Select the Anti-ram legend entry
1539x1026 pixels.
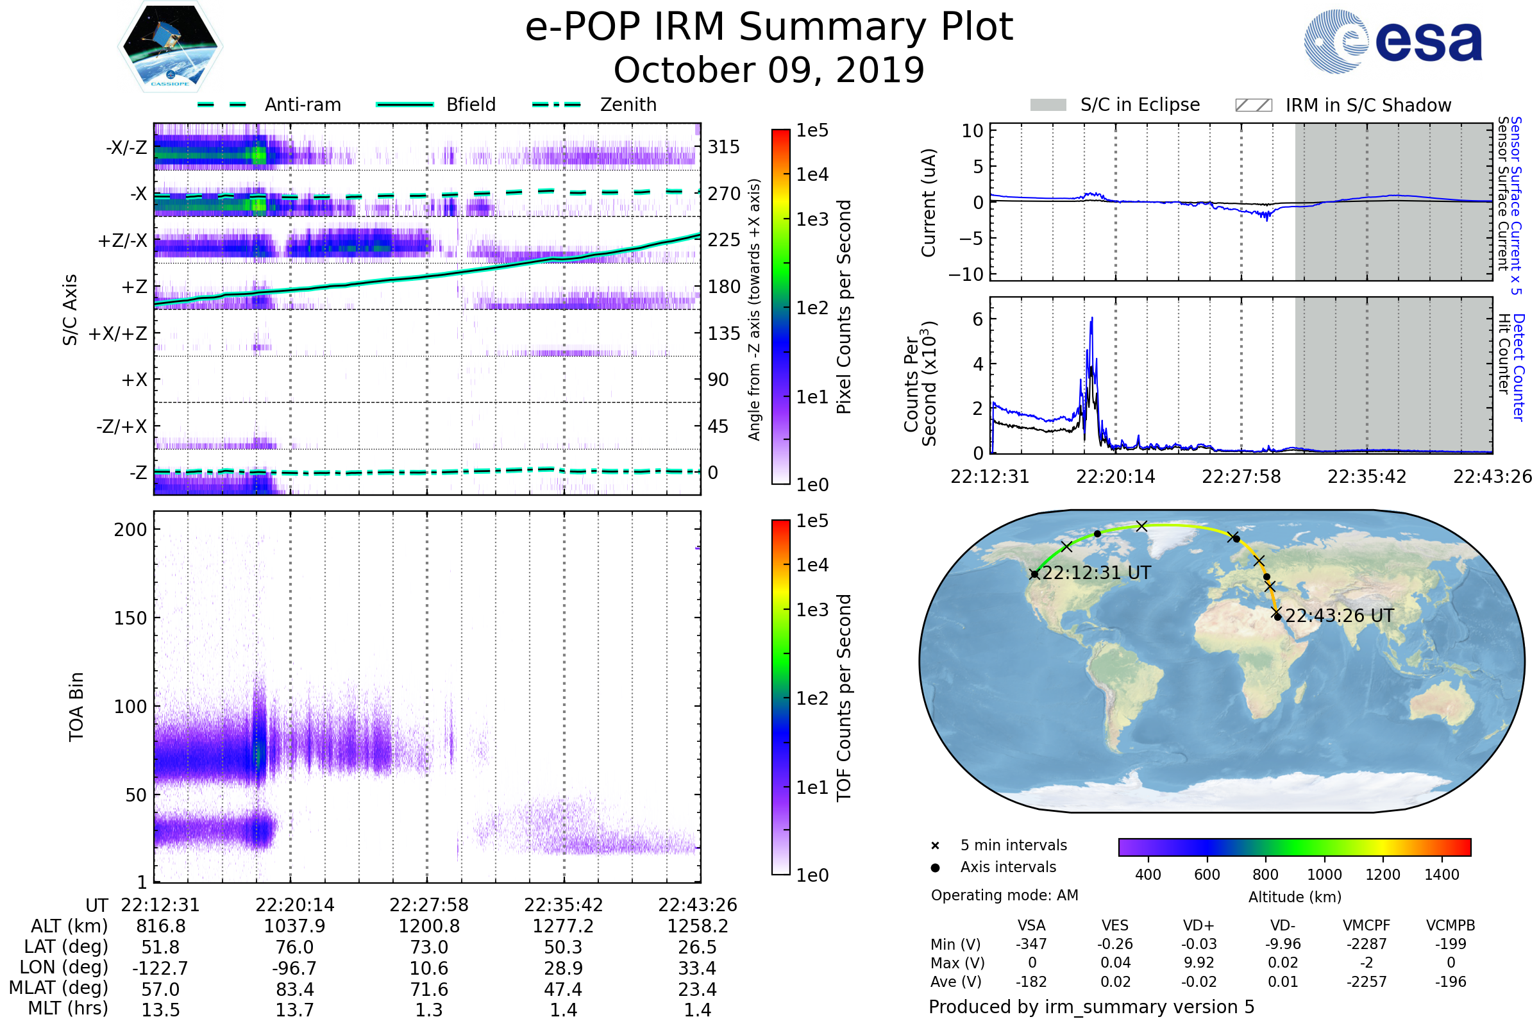(x=302, y=105)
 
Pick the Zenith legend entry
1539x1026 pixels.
(x=628, y=105)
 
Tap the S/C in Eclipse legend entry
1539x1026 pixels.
(x=1140, y=105)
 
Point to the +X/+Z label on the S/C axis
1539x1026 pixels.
(x=118, y=333)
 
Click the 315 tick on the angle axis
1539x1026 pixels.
(x=723, y=147)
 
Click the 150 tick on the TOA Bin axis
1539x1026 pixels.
(x=130, y=618)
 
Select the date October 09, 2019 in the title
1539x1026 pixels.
(x=769, y=70)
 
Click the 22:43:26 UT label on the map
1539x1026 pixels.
(x=1339, y=616)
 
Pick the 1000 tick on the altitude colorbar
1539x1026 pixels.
(x=1324, y=875)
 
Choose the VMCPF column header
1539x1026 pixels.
(x=1367, y=926)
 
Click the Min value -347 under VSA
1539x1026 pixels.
(x=1031, y=944)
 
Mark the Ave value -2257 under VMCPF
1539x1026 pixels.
(x=1367, y=982)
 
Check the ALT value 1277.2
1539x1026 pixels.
(x=563, y=927)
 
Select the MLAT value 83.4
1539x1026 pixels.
(x=294, y=989)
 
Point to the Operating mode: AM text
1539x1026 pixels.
(x=1004, y=895)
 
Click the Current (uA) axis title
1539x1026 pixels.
(x=929, y=203)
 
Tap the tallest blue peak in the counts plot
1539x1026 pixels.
(x=1091, y=319)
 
